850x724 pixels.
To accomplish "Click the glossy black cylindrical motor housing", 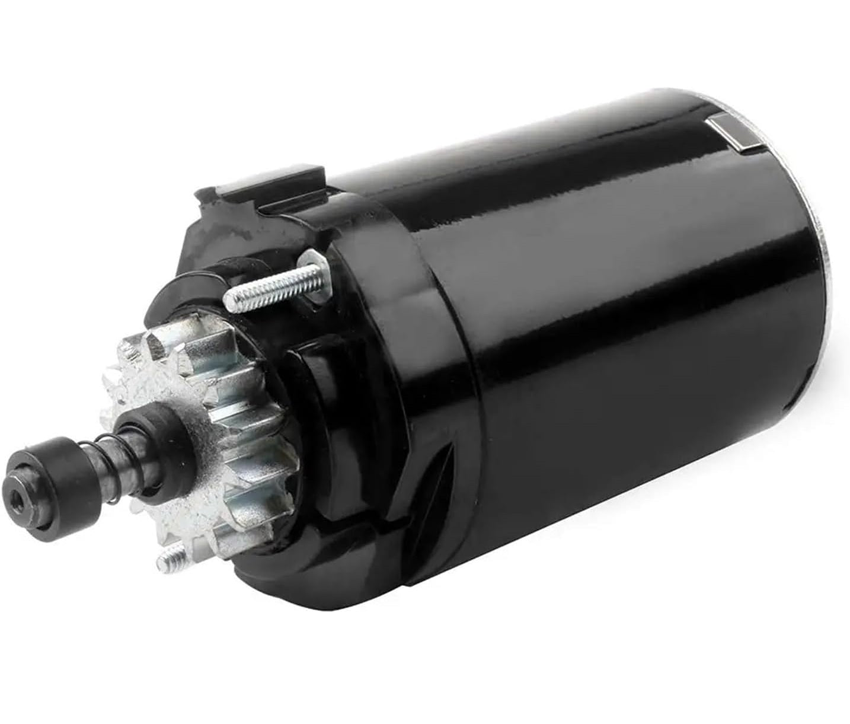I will click(593, 326).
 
